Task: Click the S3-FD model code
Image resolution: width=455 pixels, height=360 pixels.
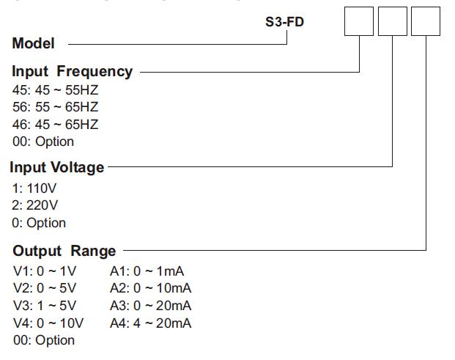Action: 284,22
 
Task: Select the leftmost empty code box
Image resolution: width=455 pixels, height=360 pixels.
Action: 359,21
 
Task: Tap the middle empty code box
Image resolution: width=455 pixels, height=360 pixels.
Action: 393,21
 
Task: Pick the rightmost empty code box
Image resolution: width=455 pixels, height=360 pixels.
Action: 426,21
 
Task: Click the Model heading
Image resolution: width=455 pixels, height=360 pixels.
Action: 33,43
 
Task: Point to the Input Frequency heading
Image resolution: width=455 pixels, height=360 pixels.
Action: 72,71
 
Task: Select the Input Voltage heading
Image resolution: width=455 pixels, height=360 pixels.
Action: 57,167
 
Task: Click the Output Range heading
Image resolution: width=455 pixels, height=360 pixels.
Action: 64,251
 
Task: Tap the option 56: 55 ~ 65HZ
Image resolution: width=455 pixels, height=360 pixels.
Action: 55,107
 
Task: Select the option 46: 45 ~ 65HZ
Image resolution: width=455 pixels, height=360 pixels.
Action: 55,125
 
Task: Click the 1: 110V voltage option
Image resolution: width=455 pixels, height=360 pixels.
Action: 34,188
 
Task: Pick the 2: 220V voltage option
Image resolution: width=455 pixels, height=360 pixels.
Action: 34,205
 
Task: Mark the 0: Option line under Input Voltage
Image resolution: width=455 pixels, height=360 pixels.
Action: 39,223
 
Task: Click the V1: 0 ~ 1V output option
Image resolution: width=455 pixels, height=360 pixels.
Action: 45,271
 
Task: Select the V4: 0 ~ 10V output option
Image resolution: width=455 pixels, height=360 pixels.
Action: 48,323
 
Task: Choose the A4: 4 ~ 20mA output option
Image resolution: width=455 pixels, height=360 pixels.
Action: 150,323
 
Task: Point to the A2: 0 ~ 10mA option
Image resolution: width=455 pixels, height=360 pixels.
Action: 150,288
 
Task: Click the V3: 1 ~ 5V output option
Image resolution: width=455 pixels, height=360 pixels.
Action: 45,306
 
